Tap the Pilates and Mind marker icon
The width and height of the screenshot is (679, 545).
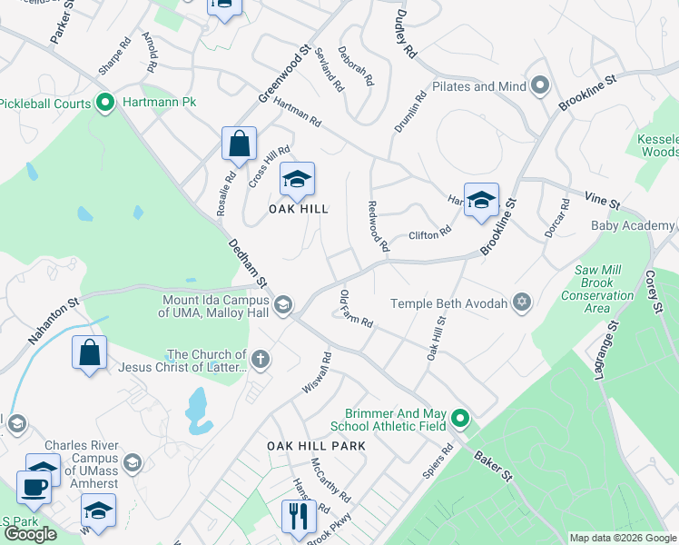pyautogui.click(x=541, y=87)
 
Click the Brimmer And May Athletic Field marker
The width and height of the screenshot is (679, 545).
pyautogui.click(x=460, y=419)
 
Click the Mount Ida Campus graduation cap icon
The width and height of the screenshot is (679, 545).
pyautogui.click(x=283, y=305)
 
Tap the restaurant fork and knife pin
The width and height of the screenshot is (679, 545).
pyautogui.click(x=298, y=516)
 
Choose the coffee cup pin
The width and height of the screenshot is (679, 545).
pyautogui.click(x=35, y=486)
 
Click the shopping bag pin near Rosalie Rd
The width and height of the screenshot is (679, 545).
pyautogui.click(x=240, y=144)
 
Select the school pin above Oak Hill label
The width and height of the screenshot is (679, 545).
pyautogui.click(x=297, y=179)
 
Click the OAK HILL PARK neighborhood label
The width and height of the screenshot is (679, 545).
pyautogui.click(x=316, y=446)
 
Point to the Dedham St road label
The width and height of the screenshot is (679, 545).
pyautogui.click(x=246, y=264)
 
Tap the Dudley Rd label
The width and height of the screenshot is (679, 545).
pyautogui.click(x=405, y=34)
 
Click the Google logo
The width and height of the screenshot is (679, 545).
pyautogui.click(x=31, y=534)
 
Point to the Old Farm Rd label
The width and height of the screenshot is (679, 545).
pyautogui.click(x=356, y=309)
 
